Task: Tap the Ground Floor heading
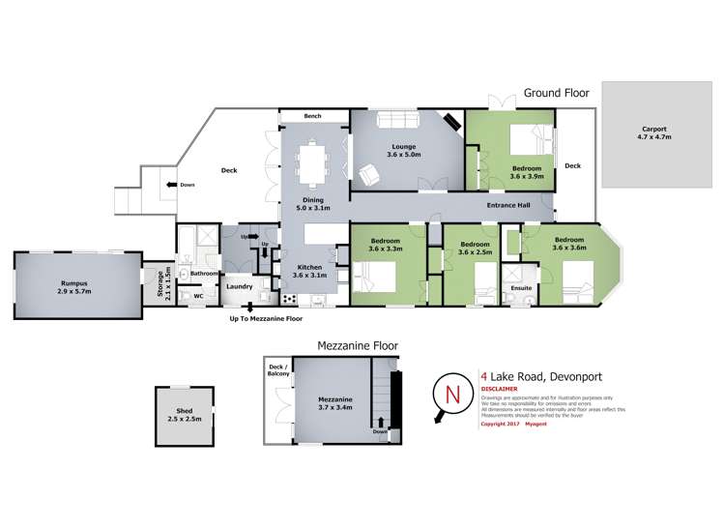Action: click(557, 94)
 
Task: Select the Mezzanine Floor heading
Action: click(358, 345)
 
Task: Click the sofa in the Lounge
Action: click(396, 120)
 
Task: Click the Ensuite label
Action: click(521, 287)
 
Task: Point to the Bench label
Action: click(312, 116)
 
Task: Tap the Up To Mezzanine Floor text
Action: click(266, 318)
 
